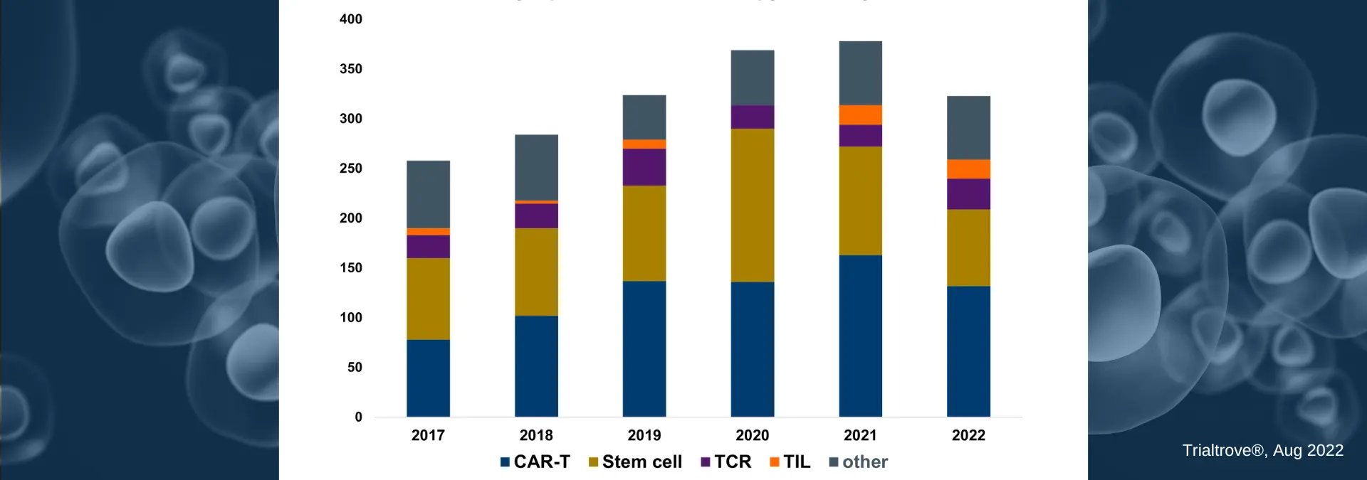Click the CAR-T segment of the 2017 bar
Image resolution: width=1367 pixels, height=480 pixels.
coord(428,378)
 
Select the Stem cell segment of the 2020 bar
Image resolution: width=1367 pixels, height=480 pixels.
coord(753,205)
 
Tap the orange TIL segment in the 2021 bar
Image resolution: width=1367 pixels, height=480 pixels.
coord(860,114)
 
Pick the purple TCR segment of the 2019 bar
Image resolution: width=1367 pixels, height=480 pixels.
coord(644,167)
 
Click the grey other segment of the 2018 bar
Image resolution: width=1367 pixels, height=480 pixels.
coord(536,167)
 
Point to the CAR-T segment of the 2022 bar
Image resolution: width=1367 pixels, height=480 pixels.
coord(968,351)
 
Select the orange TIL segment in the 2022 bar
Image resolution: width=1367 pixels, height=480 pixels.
coord(968,169)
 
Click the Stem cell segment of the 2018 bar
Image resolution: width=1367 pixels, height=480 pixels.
coord(536,271)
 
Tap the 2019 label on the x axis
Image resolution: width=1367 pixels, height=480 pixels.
coord(644,435)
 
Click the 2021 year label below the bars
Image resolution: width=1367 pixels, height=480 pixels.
coord(860,435)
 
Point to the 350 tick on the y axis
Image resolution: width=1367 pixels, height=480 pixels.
coord(350,69)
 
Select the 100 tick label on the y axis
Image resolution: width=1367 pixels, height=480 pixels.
coord(350,318)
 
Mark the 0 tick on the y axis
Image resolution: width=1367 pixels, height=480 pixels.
coord(358,417)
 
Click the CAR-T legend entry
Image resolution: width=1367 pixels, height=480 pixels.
coord(535,462)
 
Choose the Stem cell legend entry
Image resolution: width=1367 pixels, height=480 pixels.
coord(635,462)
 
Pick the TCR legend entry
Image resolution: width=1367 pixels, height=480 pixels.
coord(726,462)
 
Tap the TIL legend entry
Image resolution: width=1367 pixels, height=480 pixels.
coord(790,462)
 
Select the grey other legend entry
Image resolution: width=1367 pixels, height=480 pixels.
coord(859,462)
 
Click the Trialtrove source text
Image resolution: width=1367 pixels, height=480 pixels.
coord(1262,450)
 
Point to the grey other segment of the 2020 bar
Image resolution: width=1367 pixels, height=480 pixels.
coord(753,78)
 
